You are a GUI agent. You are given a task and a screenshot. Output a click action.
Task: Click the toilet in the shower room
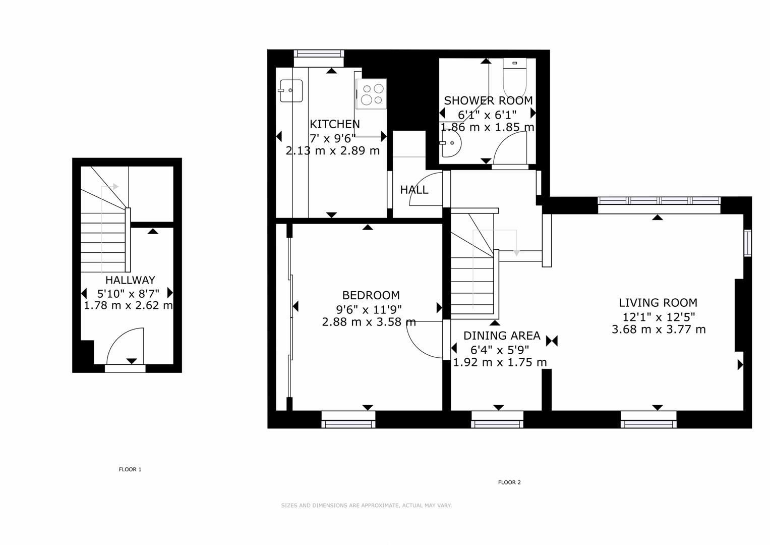(x=514, y=78)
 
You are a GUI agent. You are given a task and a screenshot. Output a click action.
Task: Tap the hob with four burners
(x=372, y=94)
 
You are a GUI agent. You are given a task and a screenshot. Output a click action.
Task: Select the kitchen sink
(x=291, y=91)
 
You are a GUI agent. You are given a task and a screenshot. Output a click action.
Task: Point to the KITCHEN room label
(x=334, y=124)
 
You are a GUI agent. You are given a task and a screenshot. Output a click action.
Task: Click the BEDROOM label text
(x=371, y=295)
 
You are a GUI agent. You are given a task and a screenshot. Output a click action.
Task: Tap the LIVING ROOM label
(x=658, y=303)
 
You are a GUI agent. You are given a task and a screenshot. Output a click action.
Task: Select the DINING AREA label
(x=502, y=336)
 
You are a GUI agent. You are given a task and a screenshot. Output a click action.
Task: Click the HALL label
(x=414, y=190)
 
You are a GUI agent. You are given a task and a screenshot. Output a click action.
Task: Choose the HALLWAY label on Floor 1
(x=130, y=280)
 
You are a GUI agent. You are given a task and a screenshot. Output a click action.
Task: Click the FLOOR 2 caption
(x=509, y=482)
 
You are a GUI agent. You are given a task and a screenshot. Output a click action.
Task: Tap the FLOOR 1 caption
(x=130, y=469)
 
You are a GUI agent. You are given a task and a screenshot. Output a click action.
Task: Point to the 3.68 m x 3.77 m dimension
(x=659, y=330)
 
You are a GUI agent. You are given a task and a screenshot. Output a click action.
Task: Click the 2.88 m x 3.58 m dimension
(x=369, y=322)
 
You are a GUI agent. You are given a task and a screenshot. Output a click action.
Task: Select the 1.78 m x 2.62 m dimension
(x=129, y=306)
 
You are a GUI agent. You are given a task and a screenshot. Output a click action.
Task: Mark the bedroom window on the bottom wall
(x=348, y=420)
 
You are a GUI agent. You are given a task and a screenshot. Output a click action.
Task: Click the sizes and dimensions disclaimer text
(x=366, y=506)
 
